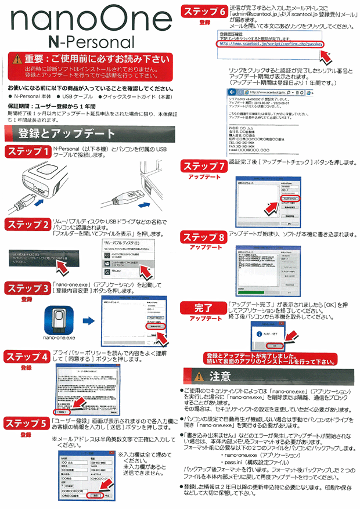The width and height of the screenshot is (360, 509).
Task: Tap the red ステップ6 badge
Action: [204, 10]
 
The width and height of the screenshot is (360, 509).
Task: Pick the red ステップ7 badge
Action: [204, 165]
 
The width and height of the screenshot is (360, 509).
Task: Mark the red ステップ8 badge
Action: [204, 237]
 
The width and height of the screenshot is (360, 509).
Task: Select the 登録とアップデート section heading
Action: [61, 132]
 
